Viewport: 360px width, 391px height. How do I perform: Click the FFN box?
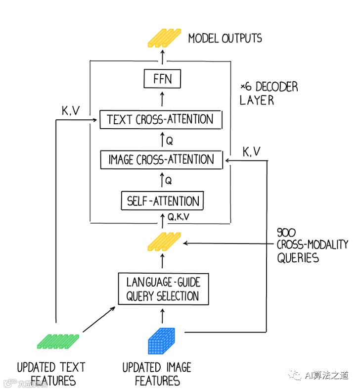point(162,79)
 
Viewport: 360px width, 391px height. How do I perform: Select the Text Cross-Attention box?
point(160,120)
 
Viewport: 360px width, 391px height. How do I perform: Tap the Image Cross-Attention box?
point(161,160)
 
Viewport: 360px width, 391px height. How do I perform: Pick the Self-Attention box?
point(163,201)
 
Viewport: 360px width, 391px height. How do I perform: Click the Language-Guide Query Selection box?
point(163,290)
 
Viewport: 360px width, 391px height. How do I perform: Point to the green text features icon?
point(58,341)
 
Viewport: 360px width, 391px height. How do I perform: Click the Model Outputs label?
point(225,38)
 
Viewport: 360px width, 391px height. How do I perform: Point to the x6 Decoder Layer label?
point(269,94)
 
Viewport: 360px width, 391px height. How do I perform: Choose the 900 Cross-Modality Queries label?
point(312,244)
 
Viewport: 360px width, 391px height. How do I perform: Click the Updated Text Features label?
point(51,374)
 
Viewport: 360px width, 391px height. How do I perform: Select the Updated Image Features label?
point(157,374)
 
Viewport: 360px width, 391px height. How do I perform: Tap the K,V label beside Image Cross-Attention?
point(251,151)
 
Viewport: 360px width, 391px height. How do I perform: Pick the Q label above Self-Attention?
point(169,181)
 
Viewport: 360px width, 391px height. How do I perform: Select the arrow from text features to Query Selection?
point(99,319)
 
